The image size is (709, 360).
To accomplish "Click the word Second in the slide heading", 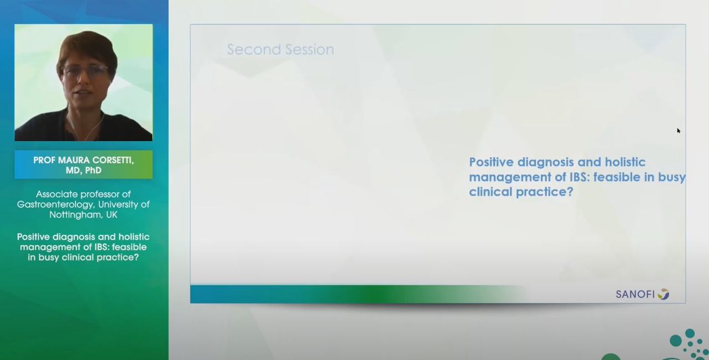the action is (254, 49).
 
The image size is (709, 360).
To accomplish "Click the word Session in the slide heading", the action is (310, 49).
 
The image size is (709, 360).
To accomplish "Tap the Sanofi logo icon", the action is (663, 294).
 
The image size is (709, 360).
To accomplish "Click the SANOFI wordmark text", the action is (635, 294).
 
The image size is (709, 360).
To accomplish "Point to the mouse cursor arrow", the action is (678, 131).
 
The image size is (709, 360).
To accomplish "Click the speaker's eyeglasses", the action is (86, 71).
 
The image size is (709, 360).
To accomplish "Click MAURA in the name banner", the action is (69, 160).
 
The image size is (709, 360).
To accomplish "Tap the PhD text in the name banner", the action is (93, 171).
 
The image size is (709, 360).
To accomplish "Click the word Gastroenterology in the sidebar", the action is (56, 205).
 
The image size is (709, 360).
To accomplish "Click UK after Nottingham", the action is (112, 214).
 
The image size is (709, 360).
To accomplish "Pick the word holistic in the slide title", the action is (625, 162).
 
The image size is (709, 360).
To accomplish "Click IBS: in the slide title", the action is (580, 177).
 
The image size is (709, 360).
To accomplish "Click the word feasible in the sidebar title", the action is (129, 247).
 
